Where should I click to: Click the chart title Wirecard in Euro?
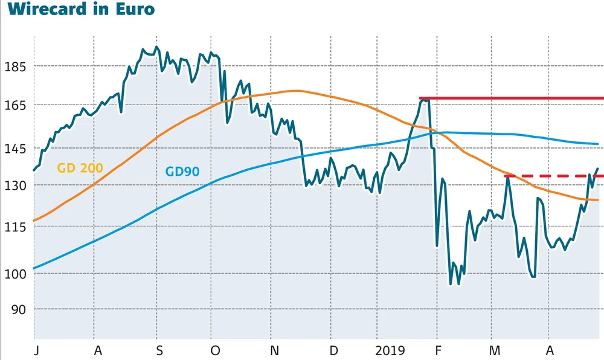pos(77,10)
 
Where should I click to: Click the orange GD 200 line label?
pos(80,167)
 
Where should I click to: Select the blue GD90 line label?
pos(182,172)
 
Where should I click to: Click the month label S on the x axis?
pos(159,350)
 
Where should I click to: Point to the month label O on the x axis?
pos(215,350)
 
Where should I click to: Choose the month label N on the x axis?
pos(275,350)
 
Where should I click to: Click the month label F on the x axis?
pos(439,350)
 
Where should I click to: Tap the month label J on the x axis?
pos(35,350)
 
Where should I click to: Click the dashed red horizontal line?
pos(553,176)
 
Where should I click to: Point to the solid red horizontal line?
pos(513,98)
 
